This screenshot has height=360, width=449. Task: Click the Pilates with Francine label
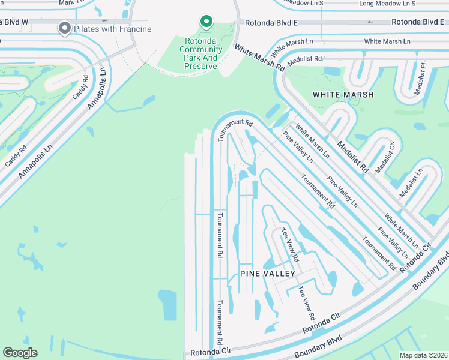(112, 29)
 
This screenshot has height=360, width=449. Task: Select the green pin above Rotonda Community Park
(206, 22)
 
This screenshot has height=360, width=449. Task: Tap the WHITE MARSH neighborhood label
(343, 95)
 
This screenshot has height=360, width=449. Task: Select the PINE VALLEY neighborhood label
(268, 274)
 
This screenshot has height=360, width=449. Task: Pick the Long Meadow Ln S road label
(387, 4)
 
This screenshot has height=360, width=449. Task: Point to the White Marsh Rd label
(259, 58)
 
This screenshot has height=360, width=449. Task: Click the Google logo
(20, 353)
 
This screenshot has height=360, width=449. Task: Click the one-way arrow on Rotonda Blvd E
(369, 22)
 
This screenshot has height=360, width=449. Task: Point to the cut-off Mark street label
(67, 2)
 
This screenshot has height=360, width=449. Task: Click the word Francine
(134, 29)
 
